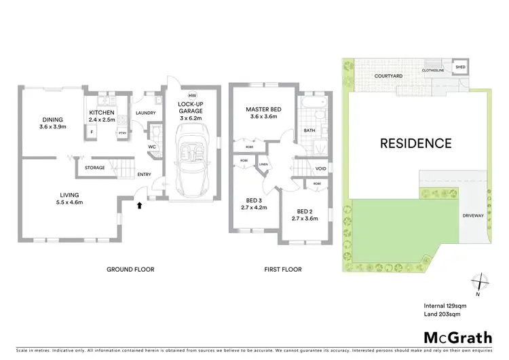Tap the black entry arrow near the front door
coord(139,204)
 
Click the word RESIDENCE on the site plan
coord(415,143)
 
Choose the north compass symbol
coord(480,281)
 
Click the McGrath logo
coord(458,338)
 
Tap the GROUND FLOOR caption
coord(130,270)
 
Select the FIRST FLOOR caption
coord(283,270)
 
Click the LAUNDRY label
coord(146,113)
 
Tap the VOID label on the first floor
coord(320,168)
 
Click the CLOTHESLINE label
coord(432,69)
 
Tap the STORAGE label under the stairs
coord(94,167)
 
